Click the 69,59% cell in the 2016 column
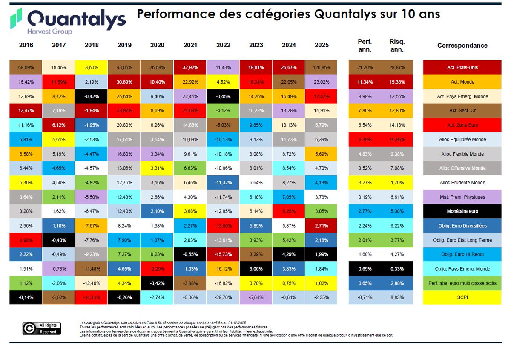26,67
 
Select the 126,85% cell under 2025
322,67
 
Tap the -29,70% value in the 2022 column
223,297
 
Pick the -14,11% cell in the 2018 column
92,297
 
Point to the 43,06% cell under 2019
124,67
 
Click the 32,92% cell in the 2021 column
190,67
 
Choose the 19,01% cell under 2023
256,67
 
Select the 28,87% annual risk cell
397,67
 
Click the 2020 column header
157,45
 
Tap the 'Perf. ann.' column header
365,45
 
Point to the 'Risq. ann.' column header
397,45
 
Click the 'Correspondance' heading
462,46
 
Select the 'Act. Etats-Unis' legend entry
462,67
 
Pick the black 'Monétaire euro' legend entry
462,211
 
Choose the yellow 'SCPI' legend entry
462,297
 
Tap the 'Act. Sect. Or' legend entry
462,110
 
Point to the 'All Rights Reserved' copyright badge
42,328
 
